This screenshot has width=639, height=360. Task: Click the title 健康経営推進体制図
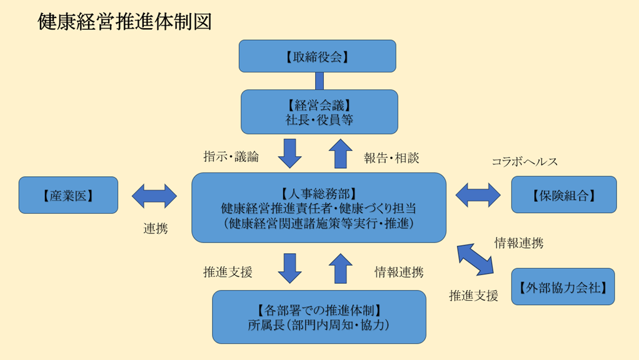coord(124,21)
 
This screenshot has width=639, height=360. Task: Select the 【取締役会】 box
coord(318,56)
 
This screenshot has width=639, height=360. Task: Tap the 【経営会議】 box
coord(319,111)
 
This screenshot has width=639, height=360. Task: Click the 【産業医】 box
coord(68,195)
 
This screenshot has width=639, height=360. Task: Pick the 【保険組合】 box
coord(563,195)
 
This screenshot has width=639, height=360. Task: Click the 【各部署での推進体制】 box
coord(319,317)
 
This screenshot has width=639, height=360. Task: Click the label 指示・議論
coord(231,157)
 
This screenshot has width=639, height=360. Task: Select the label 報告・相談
coord(391,158)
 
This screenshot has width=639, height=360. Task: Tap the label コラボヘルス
coord(525,162)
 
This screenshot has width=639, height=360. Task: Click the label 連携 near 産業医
coord(156,229)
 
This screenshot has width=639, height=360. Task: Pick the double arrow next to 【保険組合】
coord(478,195)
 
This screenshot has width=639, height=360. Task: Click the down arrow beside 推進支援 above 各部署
coord(289,268)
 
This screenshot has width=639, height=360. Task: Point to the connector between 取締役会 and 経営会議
coord(319,81)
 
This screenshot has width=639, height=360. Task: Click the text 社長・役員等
coord(319,119)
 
